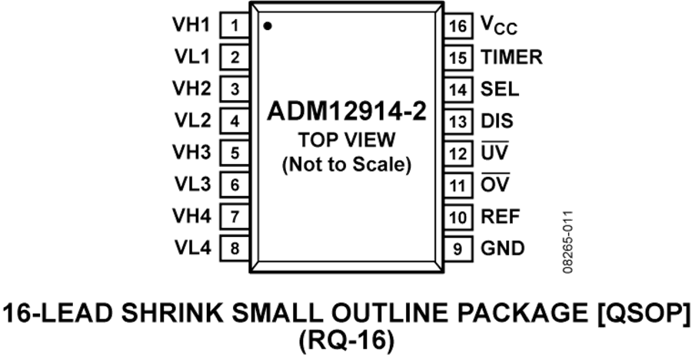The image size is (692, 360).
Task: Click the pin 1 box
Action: point(235,25)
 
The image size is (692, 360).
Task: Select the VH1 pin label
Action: point(191,25)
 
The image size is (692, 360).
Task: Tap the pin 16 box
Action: point(457,25)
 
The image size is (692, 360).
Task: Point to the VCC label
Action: point(499,25)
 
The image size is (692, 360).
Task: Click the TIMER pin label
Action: point(511,58)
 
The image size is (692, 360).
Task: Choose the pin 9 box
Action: point(457,248)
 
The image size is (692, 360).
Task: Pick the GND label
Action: point(503,248)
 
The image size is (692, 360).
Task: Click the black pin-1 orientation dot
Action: point(268,26)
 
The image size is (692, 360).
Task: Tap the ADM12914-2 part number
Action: point(347,112)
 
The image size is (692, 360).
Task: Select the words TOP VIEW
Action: point(347,140)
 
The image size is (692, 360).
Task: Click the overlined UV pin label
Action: point(494,152)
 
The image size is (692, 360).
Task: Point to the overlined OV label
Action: point(495,183)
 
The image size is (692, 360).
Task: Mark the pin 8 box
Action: point(235,248)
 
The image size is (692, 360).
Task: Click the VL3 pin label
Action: point(192,184)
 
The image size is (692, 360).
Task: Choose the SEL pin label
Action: point(500,89)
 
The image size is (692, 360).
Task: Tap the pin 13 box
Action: point(457,121)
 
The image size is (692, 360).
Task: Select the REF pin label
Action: point(501,216)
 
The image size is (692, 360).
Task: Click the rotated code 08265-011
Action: point(568,242)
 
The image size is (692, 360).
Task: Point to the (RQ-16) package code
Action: point(347,341)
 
